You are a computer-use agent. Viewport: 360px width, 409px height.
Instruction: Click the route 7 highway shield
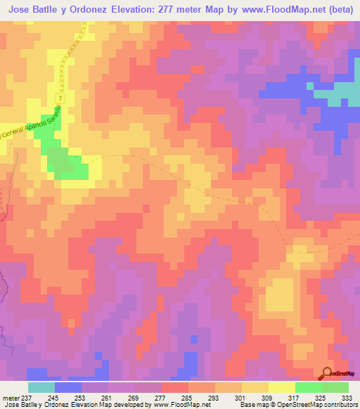coord(62,96)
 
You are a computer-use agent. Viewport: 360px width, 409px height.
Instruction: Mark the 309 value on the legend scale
coord(268,396)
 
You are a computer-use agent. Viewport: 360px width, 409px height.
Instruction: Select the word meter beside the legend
coord(12,396)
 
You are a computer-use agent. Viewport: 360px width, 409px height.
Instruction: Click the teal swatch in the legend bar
coord(41,387)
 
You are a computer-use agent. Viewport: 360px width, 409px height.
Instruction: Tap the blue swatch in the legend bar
coord(68,387)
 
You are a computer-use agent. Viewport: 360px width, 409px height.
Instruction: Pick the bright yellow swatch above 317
coord(282,387)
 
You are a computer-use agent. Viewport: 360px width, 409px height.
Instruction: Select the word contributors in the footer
coord(338,405)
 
